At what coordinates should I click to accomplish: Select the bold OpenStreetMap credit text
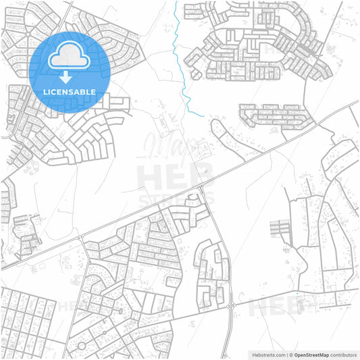click(x=310, y=354)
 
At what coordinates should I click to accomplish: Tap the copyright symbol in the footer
click(x=291, y=354)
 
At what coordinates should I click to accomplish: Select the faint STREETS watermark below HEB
click(x=176, y=199)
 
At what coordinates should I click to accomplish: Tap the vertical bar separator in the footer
click(x=286, y=354)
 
